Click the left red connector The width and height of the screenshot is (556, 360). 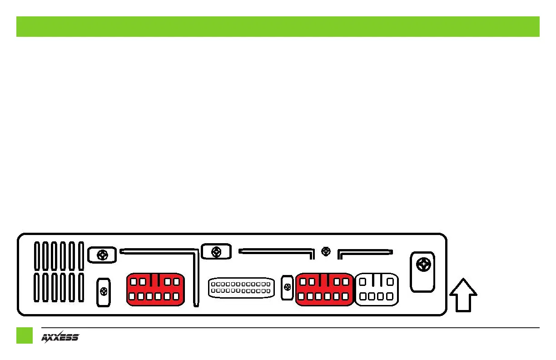pyautogui.click(x=155, y=289)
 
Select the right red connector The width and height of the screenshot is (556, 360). pyautogui.click(x=324, y=289)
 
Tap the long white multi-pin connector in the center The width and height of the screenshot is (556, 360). pyautogui.click(x=241, y=287)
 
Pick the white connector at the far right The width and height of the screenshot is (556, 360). pyautogui.click(x=377, y=289)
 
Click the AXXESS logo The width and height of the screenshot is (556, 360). pyautogui.click(x=60, y=337)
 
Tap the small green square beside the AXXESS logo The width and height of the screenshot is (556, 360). pyautogui.click(x=25, y=335)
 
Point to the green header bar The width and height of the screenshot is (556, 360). pyautogui.click(x=278, y=26)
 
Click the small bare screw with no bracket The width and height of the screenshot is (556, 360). pyautogui.click(x=325, y=250)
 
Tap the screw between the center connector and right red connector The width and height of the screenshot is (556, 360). pyautogui.click(x=287, y=287)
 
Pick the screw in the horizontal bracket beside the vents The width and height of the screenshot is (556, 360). pyautogui.click(x=102, y=255)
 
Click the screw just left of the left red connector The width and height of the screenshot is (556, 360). pyautogui.click(x=104, y=291)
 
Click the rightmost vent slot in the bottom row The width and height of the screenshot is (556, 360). pyautogui.click(x=80, y=287)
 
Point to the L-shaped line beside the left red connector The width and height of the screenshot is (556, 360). pyautogui.click(x=195, y=273)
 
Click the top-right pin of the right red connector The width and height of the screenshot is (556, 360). pyautogui.click(x=346, y=282)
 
